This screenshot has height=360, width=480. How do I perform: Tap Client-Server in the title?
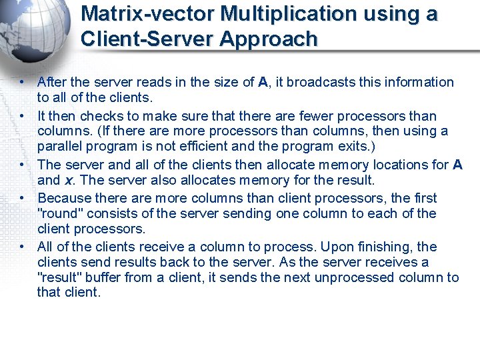tap(146, 39)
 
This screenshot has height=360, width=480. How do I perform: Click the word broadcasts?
tap(318, 82)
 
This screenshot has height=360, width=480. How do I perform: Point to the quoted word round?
tap(61, 213)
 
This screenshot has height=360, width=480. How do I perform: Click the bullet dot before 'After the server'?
tap(22, 82)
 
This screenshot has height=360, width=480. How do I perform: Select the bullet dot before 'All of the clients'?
tap(22, 247)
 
